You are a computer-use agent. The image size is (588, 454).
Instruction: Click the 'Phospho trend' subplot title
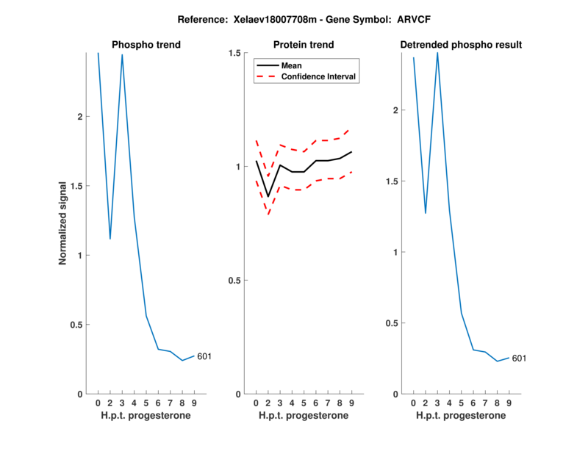click(x=146, y=45)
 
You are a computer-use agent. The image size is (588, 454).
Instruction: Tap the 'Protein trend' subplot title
click(x=304, y=45)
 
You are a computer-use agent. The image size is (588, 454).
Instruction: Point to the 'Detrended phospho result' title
click(x=461, y=45)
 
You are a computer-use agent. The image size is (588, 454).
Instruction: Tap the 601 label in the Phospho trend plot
click(x=204, y=357)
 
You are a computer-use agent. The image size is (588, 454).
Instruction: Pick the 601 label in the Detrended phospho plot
click(x=519, y=358)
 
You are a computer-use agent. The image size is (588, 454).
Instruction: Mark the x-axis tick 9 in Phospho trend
click(x=194, y=403)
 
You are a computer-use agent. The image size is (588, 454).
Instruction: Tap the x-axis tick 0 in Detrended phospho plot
click(x=413, y=403)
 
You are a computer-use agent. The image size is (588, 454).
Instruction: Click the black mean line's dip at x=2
click(x=268, y=196)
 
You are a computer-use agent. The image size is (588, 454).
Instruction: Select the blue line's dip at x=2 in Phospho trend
click(x=110, y=239)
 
